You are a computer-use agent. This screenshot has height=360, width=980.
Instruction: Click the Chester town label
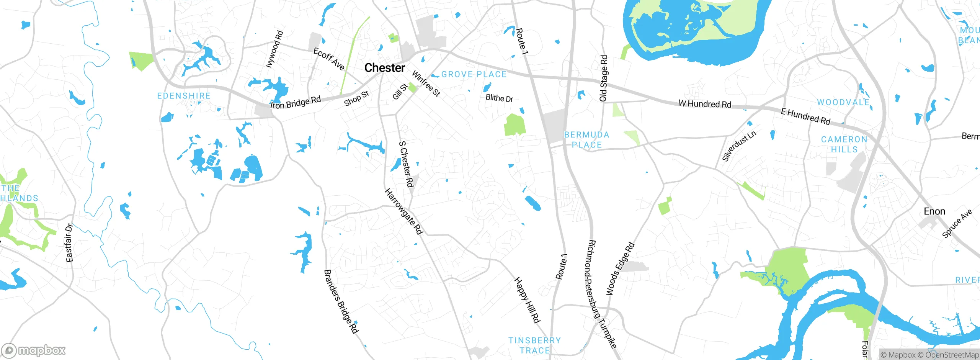384,68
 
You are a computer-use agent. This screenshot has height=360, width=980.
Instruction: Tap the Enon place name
934,211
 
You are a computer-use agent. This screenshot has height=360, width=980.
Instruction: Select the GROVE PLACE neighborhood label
474,74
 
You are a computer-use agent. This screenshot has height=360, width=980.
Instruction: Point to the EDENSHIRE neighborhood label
184,96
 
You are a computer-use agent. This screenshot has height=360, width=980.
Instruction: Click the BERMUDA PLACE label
586,140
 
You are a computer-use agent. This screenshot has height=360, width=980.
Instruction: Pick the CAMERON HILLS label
844,144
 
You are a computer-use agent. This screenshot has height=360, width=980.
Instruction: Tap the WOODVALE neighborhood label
843,102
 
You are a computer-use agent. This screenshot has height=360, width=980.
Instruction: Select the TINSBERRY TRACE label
534,345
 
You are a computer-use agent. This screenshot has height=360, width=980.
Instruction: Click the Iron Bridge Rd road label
296,103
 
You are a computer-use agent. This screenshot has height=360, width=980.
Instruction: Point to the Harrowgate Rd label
403,211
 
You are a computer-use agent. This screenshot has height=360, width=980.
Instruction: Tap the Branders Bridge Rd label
341,301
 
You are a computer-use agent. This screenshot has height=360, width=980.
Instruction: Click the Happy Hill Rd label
527,300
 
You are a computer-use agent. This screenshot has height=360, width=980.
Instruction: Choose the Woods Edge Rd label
620,269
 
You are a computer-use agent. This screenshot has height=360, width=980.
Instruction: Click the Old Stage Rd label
603,78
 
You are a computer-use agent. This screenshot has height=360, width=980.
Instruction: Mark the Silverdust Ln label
739,146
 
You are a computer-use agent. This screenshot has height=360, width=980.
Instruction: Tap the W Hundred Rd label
705,104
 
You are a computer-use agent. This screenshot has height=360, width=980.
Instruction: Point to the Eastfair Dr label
69,243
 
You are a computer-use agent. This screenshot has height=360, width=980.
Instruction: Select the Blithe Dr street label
499,98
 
